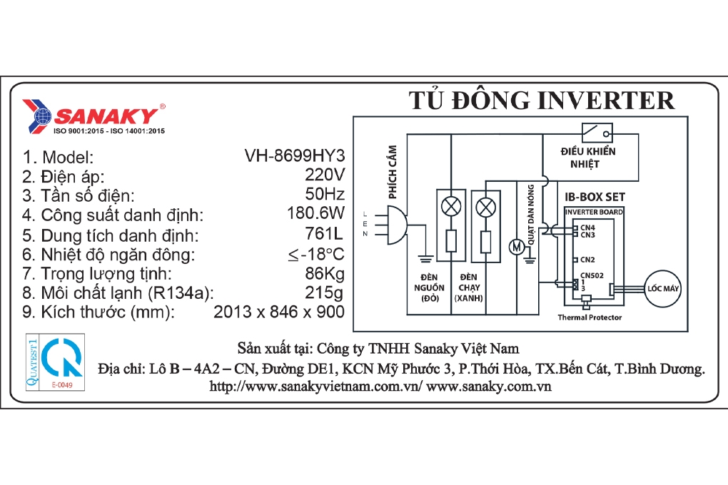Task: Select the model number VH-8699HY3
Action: click(295, 155)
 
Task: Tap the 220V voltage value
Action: click(325, 175)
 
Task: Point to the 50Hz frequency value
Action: click(325, 193)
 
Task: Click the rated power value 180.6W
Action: click(315, 213)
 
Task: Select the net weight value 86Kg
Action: click(325, 274)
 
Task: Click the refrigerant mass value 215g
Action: click(324, 293)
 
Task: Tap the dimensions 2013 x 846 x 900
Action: click(279, 312)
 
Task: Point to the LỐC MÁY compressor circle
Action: click(662, 289)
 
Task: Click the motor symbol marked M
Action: click(516, 247)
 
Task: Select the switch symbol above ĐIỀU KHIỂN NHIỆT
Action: click(597, 132)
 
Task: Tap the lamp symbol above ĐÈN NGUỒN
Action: click(451, 207)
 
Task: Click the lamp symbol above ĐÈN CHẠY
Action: click(485, 207)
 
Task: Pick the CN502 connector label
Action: click(592, 275)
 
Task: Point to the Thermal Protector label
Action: click(590, 317)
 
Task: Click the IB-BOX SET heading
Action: click(595, 197)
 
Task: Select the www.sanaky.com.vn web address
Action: click(488, 386)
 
